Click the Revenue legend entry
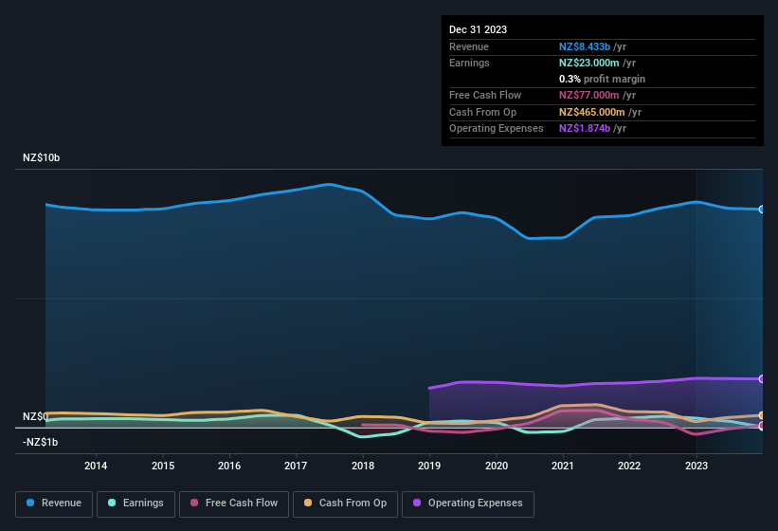(x=54, y=504)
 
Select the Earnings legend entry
(x=136, y=504)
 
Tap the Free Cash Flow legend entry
(x=234, y=504)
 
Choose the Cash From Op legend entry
(x=345, y=504)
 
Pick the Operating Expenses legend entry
(x=468, y=504)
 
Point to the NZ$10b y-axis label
(x=41, y=157)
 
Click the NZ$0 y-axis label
(x=34, y=417)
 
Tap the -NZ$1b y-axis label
(x=41, y=442)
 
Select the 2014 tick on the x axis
(x=96, y=466)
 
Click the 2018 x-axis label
(x=362, y=466)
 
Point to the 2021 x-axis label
(x=563, y=466)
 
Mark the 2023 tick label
(x=697, y=466)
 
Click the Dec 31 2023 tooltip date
(x=478, y=29)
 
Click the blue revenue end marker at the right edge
(x=762, y=209)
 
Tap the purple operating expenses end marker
(x=762, y=379)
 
